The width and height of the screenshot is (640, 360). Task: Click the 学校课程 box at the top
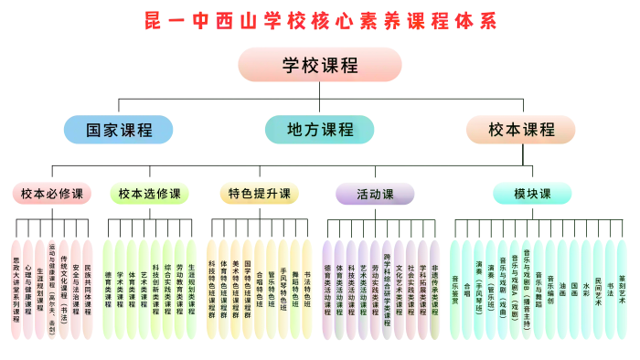point(319,65)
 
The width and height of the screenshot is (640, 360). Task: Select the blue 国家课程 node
point(118,130)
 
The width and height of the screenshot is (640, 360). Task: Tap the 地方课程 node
point(319,130)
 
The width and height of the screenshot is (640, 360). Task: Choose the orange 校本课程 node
point(521,130)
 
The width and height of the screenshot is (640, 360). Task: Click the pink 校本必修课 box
point(51,194)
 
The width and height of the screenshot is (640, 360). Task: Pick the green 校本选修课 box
point(150,194)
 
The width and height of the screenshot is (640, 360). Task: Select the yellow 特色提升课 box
point(260,194)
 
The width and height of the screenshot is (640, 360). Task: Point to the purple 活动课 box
point(375,194)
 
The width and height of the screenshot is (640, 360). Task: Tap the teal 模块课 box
point(532,194)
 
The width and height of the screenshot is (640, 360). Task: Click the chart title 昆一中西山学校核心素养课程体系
point(320,20)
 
